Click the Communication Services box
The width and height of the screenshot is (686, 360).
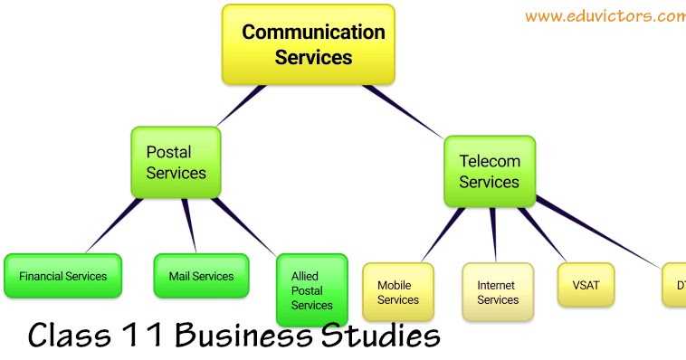[309, 44]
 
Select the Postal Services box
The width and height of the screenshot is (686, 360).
[176, 163]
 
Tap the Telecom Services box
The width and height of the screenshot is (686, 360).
[489, 171]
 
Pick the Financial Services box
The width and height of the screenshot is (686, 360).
[62, 276]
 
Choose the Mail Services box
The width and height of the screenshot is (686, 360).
[201, 276]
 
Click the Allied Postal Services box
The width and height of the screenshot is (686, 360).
[311, 289]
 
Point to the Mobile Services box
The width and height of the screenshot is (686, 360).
[398, 292]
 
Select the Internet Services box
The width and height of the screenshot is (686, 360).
[497, 292]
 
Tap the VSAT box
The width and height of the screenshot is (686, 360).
[586, 286]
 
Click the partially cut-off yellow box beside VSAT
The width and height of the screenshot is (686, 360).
[674, 286]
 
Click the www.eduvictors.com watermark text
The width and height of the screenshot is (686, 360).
[604, 16]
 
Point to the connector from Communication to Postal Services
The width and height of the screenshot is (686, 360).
[241, 106]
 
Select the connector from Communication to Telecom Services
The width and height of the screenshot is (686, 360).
[403, 110]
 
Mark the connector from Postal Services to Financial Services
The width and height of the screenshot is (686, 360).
[114, 226]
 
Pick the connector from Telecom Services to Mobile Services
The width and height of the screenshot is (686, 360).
[443, 234]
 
